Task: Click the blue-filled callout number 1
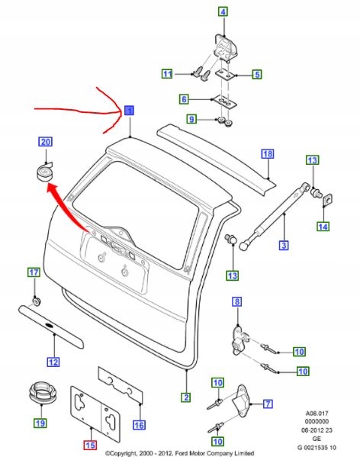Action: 130,111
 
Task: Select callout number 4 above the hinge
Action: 223,11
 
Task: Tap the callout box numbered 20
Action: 46,143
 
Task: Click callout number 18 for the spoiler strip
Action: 267,154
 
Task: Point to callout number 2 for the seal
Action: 185,397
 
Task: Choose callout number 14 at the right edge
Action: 323,227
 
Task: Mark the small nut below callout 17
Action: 36,297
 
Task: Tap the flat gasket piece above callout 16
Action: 121,388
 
